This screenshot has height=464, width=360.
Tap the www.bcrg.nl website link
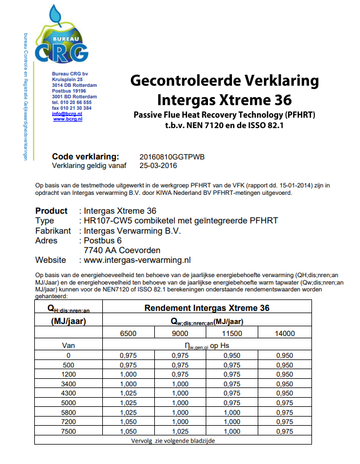coord(68,119)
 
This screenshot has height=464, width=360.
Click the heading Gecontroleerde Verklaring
coord(224,80)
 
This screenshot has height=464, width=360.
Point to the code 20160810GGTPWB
coord(171,157)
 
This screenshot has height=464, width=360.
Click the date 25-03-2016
coord(158,166)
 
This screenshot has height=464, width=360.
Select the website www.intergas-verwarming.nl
coord(137,260)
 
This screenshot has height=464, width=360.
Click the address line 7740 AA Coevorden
coord(122,250)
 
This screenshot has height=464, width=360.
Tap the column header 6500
coord(127,333)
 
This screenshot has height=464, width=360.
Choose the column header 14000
coord(285,333)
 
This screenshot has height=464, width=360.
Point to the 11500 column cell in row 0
coord(232,355)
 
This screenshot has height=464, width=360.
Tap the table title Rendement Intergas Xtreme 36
coord(206,309)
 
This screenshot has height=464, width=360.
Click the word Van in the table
coord(69,345)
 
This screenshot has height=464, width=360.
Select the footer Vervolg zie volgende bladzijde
coord(173,441)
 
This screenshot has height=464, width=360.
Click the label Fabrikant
coord(53,231)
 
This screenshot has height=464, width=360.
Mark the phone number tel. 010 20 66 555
coord(71,102)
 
